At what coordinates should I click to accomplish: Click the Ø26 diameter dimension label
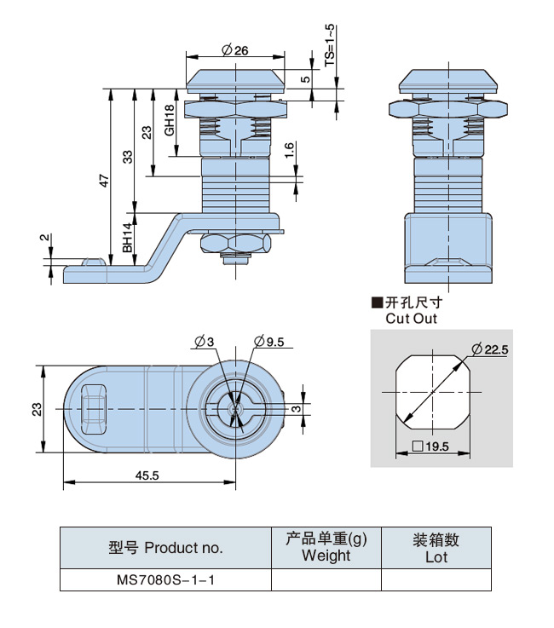pos(234,50)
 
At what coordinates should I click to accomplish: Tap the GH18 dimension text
pos(170,120)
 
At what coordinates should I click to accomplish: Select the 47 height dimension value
pos(104,181)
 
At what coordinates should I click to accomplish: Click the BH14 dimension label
pos(127,238)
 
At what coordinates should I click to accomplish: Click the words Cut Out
pos(411,319)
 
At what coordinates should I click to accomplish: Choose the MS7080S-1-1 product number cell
pos(164,579)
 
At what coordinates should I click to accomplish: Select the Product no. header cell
pos(164,548)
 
